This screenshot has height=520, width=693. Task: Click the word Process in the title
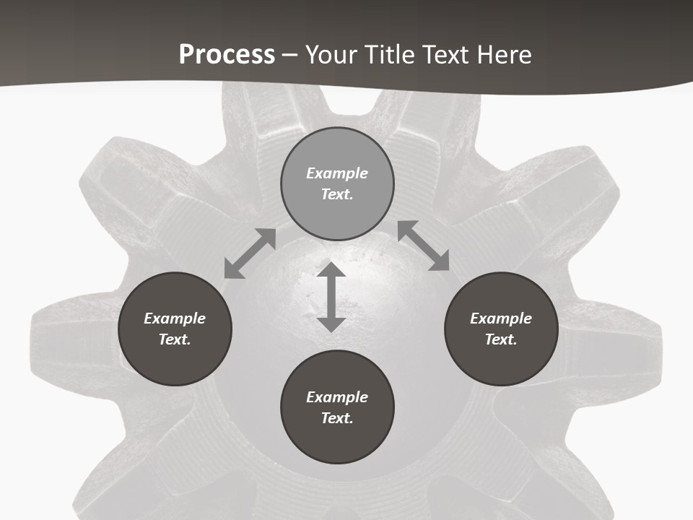tap(227, 55)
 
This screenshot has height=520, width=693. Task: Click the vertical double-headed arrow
tap(331, 297)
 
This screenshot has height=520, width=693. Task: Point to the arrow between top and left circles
tap(250, 253)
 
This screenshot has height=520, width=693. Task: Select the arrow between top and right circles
tap(424, 246)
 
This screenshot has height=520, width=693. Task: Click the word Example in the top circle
tap(337, 173)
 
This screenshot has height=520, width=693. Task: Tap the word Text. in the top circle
tap(337, 194)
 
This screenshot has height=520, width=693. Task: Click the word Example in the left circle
tap(175, 318)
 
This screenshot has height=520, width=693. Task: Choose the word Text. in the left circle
tap(175, 339)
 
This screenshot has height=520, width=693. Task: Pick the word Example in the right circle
tap(501, 318)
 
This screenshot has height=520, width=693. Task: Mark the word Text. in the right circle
tap(501, 339)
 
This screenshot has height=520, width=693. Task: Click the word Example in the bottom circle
tap(337, 397)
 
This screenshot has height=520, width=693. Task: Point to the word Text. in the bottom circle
tap(337, 418)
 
